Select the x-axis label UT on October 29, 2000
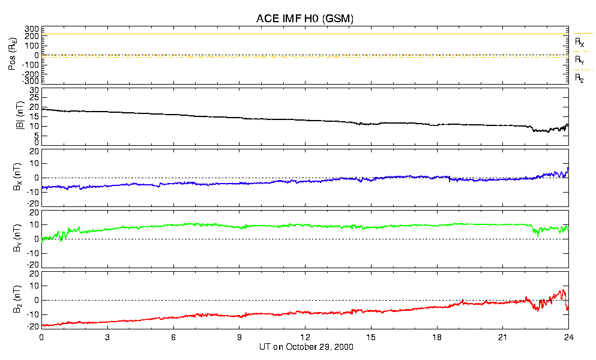tap(304, 347)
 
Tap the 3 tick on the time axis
tap(107, 338)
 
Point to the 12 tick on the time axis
tap(305, 338)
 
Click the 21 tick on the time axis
tap(502, 338)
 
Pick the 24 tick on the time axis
tap(568, 338)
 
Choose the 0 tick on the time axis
tap(41, 338)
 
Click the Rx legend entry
tap(579, 43)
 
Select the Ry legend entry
tap(579, 61)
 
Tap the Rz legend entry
tap(579, 78)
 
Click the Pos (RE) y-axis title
tap(13, 55)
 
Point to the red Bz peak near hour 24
tap(563, 290)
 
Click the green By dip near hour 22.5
tap(538, 236)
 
